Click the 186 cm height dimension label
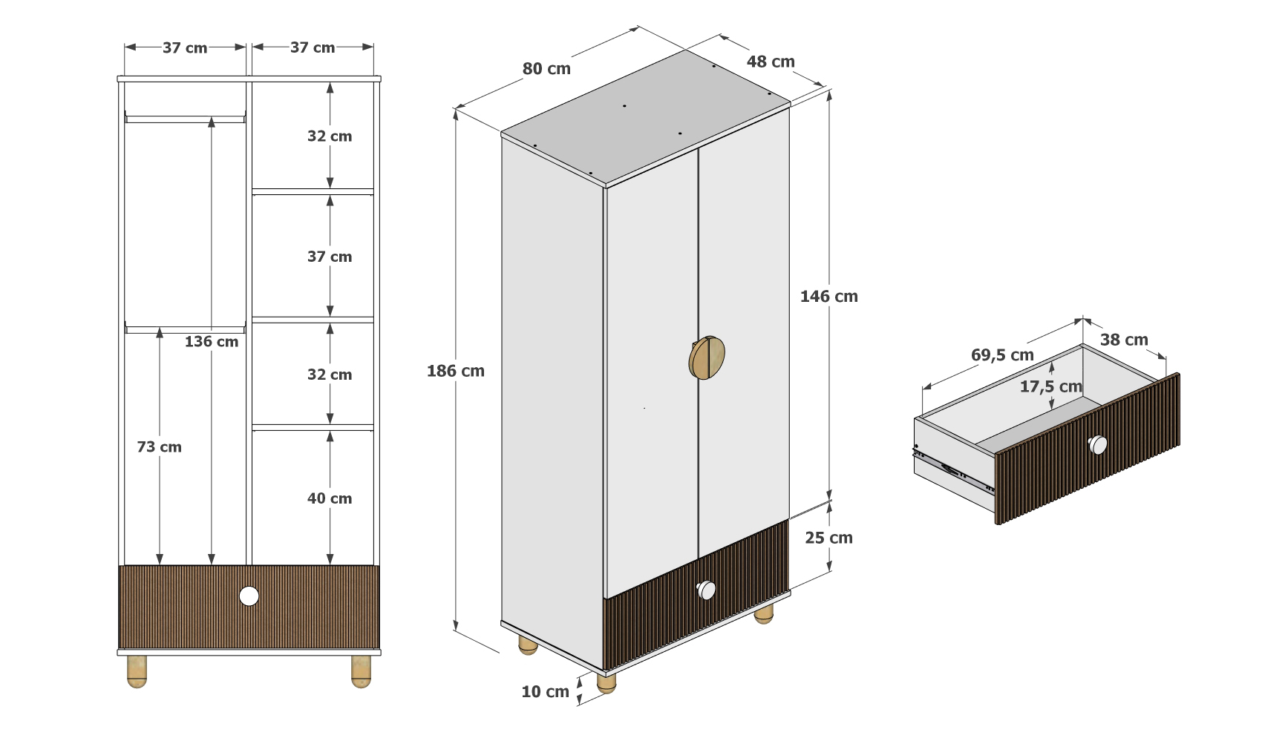point(455,371)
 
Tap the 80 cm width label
point(546,69)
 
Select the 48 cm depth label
point(770,62)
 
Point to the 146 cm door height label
point(828,296)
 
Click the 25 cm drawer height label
point(828,538)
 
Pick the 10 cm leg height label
point(545,692)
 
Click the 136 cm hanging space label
point(212,342)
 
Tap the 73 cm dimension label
point(160,446)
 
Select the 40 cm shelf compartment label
point(330,498)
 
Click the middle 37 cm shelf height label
point(330,257)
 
